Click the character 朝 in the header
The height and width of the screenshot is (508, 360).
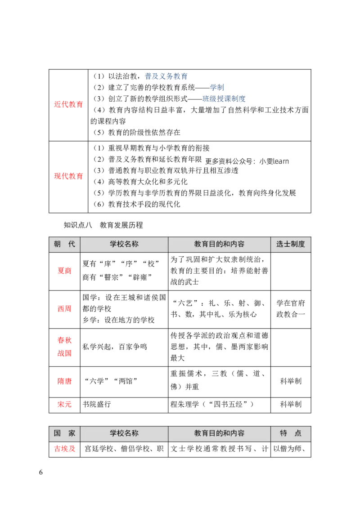pos(57,244)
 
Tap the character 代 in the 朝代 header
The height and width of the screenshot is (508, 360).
pos(72,244)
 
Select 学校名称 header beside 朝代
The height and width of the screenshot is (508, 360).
pos(124,244)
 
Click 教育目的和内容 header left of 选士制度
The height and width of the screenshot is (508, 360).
pos(219,244)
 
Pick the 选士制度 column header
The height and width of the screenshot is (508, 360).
pos(291,244)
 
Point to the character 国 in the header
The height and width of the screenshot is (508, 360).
pos(57,433)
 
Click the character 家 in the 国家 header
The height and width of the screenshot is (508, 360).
pos(72,433)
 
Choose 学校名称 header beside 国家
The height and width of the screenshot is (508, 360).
pos(124,433)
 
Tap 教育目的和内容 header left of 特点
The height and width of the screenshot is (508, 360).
pos(219,433)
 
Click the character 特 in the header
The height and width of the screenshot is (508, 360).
pos(283,433)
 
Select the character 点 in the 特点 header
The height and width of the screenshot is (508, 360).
pos(298,433)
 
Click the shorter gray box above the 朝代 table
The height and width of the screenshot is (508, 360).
pos(77,225)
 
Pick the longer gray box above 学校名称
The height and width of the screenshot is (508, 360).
pos(121,225)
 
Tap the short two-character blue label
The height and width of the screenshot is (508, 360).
pos(217,87)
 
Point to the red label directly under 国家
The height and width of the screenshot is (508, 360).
pos(65,449)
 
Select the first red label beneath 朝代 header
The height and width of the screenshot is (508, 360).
pos(64,272)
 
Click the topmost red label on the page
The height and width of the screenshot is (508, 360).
pos(68,104)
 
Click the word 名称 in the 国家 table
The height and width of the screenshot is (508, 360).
pos(131,433)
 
